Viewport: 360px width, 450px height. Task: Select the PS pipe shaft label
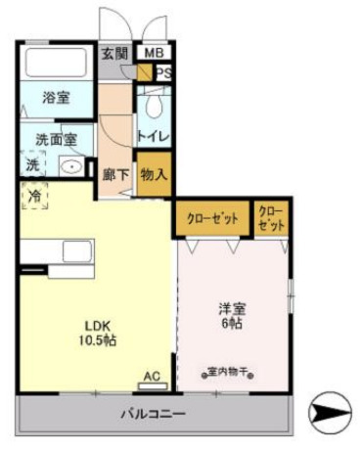click(163, 71)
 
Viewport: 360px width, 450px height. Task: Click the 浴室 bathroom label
click(55, 98)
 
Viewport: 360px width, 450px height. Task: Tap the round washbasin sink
click(70, 165)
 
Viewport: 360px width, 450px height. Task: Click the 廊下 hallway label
click(114, 175)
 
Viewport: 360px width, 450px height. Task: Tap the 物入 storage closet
click(154, 175)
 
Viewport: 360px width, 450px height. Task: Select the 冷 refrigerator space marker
click(34, 197)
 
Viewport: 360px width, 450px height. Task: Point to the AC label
click(152, 375)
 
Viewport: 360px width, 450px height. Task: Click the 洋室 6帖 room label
click(232, 316)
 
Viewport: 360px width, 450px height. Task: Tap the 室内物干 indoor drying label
click(231, 372)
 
